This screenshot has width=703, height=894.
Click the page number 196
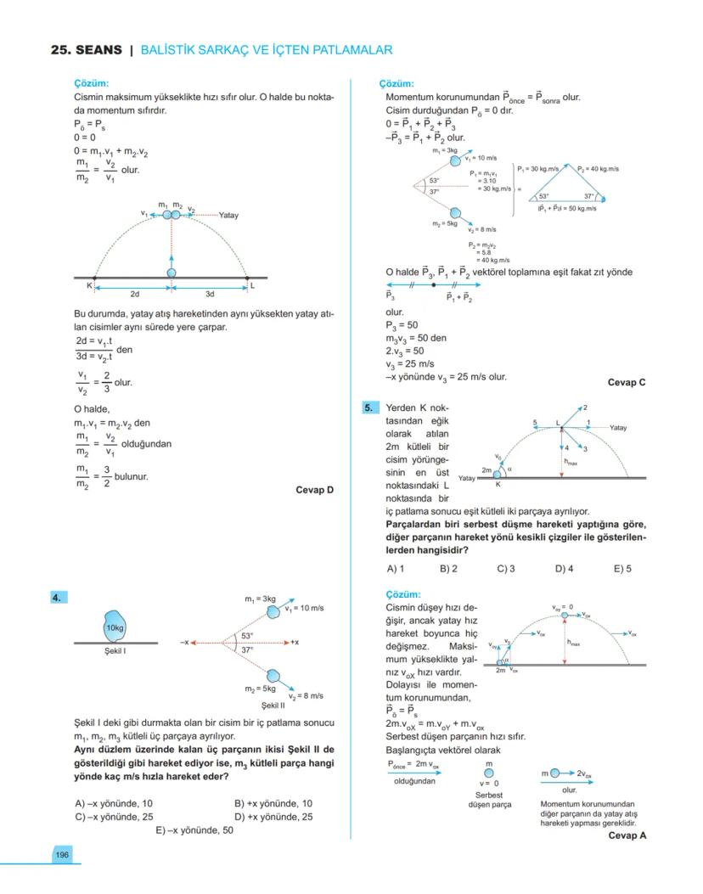(62, 854)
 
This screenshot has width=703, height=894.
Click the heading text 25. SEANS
(87, 50)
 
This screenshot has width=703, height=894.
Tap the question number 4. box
(57, 598)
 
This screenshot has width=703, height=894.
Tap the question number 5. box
(369, 408)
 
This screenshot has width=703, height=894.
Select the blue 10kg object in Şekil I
(115, 627)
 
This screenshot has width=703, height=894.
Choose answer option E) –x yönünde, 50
(194, 830)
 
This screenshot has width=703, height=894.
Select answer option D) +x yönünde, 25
(273, 817)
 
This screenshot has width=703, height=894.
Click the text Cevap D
(315, 490)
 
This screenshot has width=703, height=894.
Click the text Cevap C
(627, 382)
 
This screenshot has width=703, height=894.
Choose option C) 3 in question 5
(506, 569)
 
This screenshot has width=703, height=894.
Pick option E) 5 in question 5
(622, 569)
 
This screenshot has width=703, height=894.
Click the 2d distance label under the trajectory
(135, 294)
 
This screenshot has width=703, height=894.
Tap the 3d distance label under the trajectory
(209, 294)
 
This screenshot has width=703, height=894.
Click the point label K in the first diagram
(88, 286)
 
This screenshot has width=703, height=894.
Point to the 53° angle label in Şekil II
(247, 635)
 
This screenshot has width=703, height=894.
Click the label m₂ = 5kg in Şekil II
(261, 689)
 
